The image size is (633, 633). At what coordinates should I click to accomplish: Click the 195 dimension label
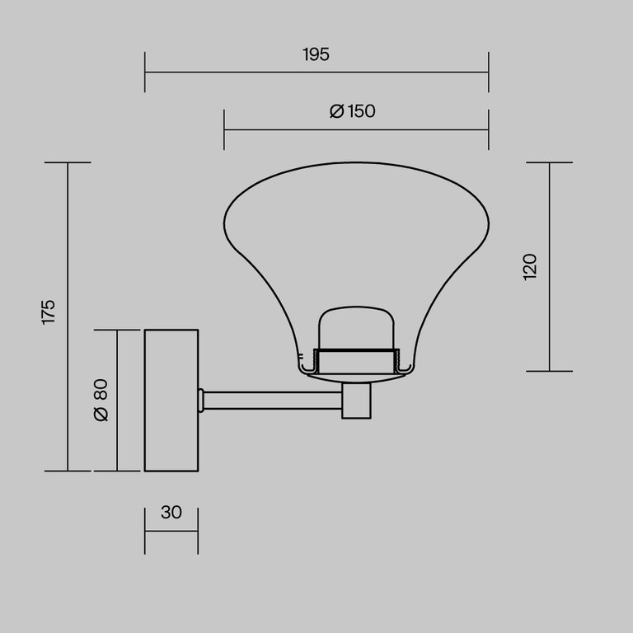[x=316, y=55]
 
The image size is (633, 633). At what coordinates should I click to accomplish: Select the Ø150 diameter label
[x=352, y=111]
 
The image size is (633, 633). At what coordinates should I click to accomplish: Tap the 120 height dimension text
[x=530, y=266]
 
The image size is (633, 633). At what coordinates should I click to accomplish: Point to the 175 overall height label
[x=49, y=312]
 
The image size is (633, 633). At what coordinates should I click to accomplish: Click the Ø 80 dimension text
[x=101, y=400]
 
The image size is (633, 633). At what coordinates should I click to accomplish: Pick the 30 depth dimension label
[x=171, y=512]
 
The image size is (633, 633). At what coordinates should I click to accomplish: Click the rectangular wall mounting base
[x=171, y=400]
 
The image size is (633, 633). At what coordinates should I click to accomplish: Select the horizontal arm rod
[x=272, y=401]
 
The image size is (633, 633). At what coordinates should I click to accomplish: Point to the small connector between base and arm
[x=200, y=401]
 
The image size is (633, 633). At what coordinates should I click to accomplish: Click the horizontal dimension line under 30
[x=171, y=532]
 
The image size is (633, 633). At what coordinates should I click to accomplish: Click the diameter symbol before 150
[x=336, y=112]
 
